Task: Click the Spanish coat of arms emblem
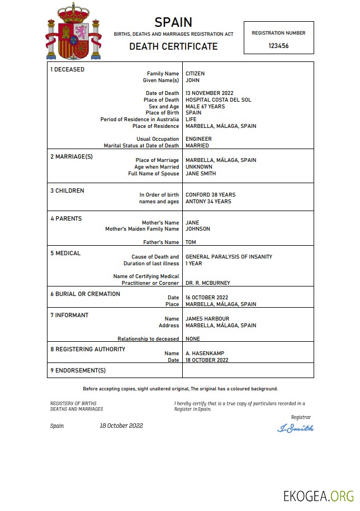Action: coord(73,31)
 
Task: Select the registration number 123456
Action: coord(278,46)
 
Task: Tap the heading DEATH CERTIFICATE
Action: coord(173,46)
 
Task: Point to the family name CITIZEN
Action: coord(195,74)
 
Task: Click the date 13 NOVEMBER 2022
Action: coord(209,93)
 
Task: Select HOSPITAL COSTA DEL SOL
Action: coord(218,100)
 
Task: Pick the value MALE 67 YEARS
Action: coord(205,107)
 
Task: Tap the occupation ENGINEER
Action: coord(198,139)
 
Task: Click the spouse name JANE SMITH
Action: coord(201,174)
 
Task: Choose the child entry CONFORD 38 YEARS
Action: coord(210,195)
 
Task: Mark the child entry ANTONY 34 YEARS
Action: coord(208,202)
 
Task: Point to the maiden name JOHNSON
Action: coord(198,229)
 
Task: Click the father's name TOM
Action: coord(191,242)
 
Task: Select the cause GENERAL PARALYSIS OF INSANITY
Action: coord(229,257)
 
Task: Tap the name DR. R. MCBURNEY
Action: coord(207,283)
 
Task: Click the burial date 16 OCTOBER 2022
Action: coord(206,298)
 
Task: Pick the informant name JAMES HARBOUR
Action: coord(207,319)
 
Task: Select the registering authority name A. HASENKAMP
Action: coord(205,354)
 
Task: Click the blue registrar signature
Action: coord(295,428)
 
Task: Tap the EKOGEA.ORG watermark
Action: coord(319,496)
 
